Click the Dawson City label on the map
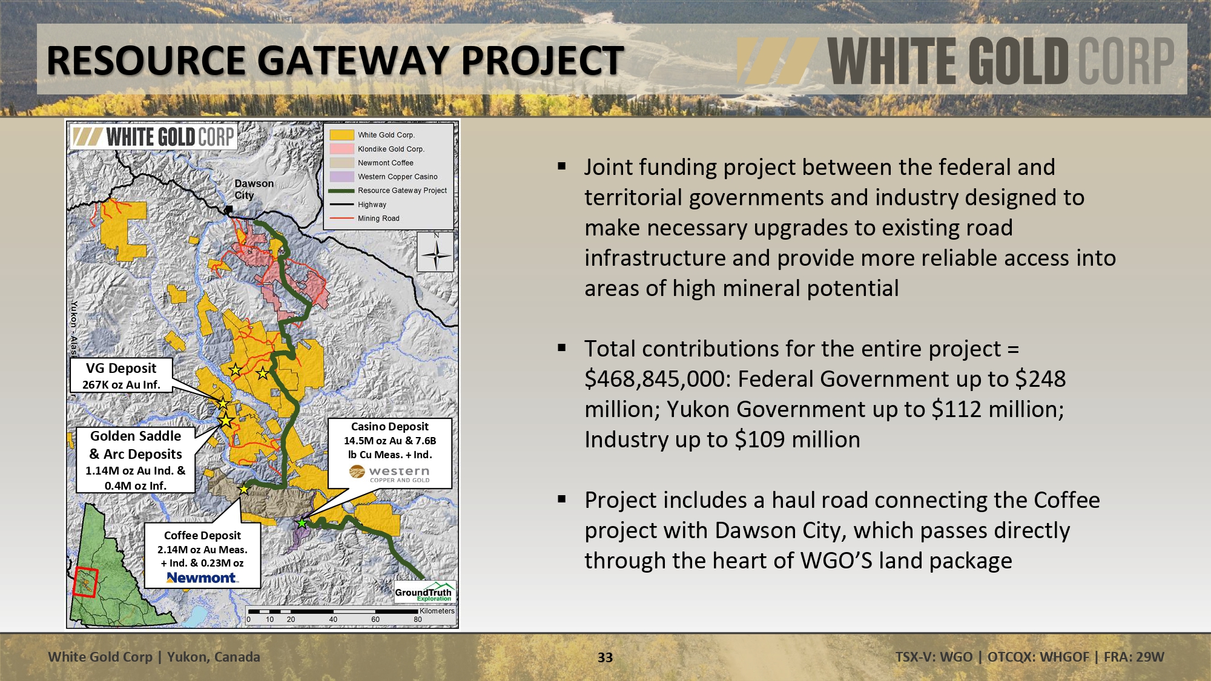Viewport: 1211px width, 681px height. (x=254, y=189)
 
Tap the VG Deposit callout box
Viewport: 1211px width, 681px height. (x=121, y=375)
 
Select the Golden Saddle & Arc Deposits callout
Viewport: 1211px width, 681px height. (x=136, y=460)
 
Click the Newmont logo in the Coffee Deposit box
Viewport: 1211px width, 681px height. (x=202, y=578)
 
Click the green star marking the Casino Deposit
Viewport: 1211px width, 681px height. (x=302, y=522)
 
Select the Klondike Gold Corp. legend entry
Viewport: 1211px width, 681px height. (x=377, y=149)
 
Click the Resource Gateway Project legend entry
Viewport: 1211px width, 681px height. (x=388, y=191)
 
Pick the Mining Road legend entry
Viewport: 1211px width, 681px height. (x=365, y=219)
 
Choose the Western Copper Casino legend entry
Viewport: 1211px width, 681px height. (x=384, y=177)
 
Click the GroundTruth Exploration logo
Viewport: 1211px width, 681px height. (x=424, y=593)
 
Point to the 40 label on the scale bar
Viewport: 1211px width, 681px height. (x=333, y=619)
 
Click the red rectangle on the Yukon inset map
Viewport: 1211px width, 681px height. (x=85, y=582)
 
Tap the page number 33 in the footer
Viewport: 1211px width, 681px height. (x=605, y=657)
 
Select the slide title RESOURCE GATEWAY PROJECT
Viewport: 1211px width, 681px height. (x=335, y=61)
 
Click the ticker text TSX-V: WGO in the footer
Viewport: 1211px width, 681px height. (x=934, y=657)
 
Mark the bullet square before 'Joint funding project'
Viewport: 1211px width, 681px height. (x=562, y=166)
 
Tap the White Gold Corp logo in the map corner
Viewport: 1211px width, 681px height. (x=153, y=137)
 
